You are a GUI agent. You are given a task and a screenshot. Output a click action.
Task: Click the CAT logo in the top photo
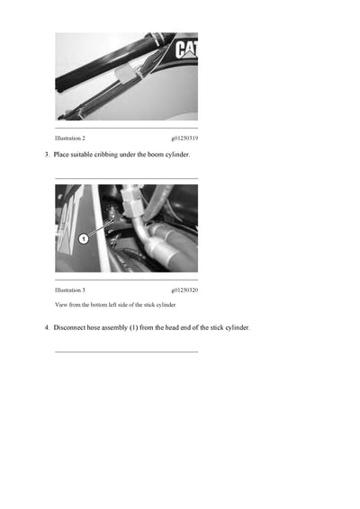(186, 49)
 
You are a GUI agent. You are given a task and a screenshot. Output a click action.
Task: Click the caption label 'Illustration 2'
(70, 138)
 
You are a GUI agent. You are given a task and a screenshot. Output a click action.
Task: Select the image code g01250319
(184, 138)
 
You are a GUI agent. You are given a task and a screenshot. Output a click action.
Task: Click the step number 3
(47, 156)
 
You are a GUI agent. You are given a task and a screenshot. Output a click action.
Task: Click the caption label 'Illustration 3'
(70, 290)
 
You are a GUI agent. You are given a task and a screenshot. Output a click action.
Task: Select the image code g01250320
(184, 290)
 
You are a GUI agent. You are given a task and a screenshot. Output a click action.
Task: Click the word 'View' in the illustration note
(62, 305)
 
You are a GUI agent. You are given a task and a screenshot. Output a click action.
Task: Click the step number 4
(47, 327)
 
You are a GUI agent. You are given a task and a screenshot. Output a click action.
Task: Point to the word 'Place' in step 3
(63, 156)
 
